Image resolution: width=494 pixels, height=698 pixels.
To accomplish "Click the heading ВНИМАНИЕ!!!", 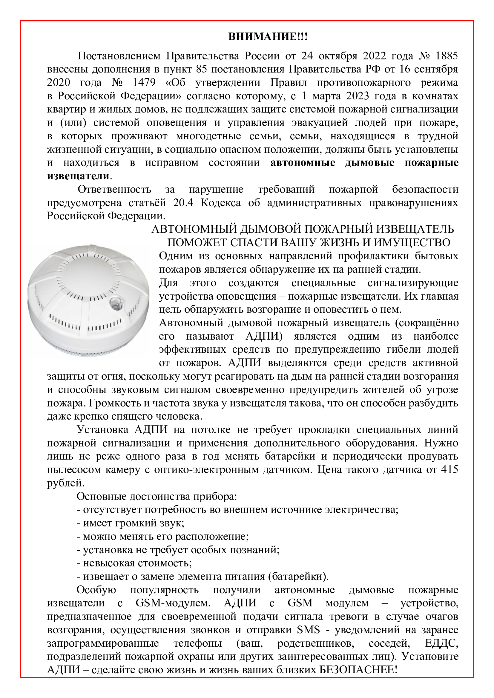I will coord(268,37).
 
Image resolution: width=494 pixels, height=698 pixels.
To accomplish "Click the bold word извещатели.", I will coord(78,176).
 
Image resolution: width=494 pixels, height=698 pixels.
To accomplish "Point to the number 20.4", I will coord(183,203).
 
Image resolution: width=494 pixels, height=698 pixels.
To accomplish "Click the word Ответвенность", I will coord(114,189).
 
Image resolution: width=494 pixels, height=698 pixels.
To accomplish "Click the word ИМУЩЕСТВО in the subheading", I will coord(412,243).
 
